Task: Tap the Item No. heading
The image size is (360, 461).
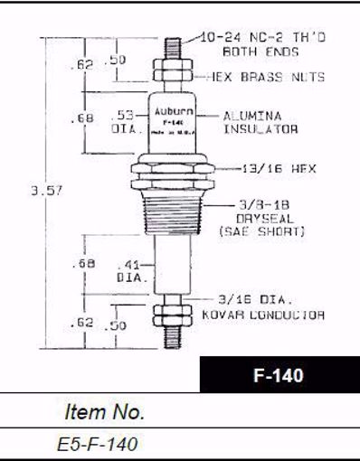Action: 105,412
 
